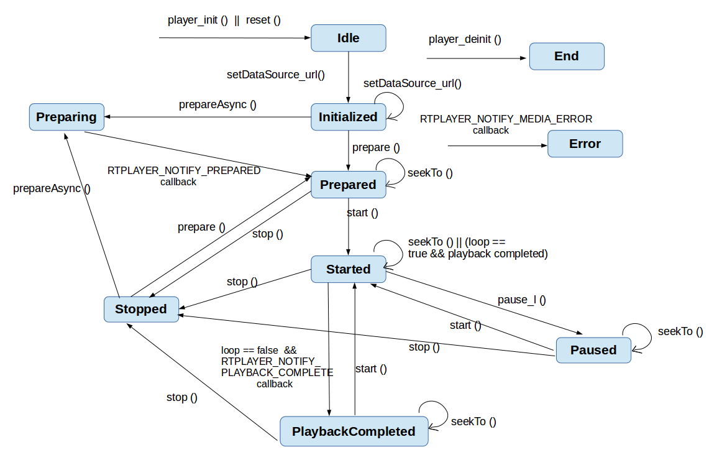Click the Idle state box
(348, 38)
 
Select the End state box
(566, 56)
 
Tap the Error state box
(585, 144)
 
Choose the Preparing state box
(66, 117)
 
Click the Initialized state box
(348, 117)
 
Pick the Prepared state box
(348, 185)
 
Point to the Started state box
(348, 269)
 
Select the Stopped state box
(141, 309)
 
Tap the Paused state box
(593, 350)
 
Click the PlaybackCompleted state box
(354, 431)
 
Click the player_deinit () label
(465, 39)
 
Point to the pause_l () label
(521, 300)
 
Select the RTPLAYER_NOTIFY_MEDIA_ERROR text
(506, 119)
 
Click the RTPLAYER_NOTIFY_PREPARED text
(184, 170)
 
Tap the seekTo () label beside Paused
(680, 331)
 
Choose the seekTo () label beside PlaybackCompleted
(473, 421)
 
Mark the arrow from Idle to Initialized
(348, 77)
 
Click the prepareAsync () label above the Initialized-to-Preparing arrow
(217, 104)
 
